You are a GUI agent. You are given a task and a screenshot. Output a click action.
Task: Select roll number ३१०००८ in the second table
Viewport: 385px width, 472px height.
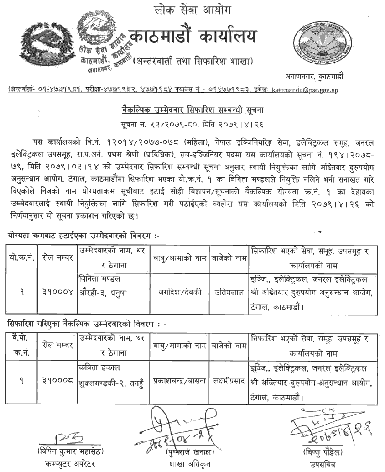pyautogui.click(x=57, y=378)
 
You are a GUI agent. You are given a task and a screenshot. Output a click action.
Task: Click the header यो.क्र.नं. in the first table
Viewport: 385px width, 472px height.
pyautogui.click(x=21, y=258)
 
